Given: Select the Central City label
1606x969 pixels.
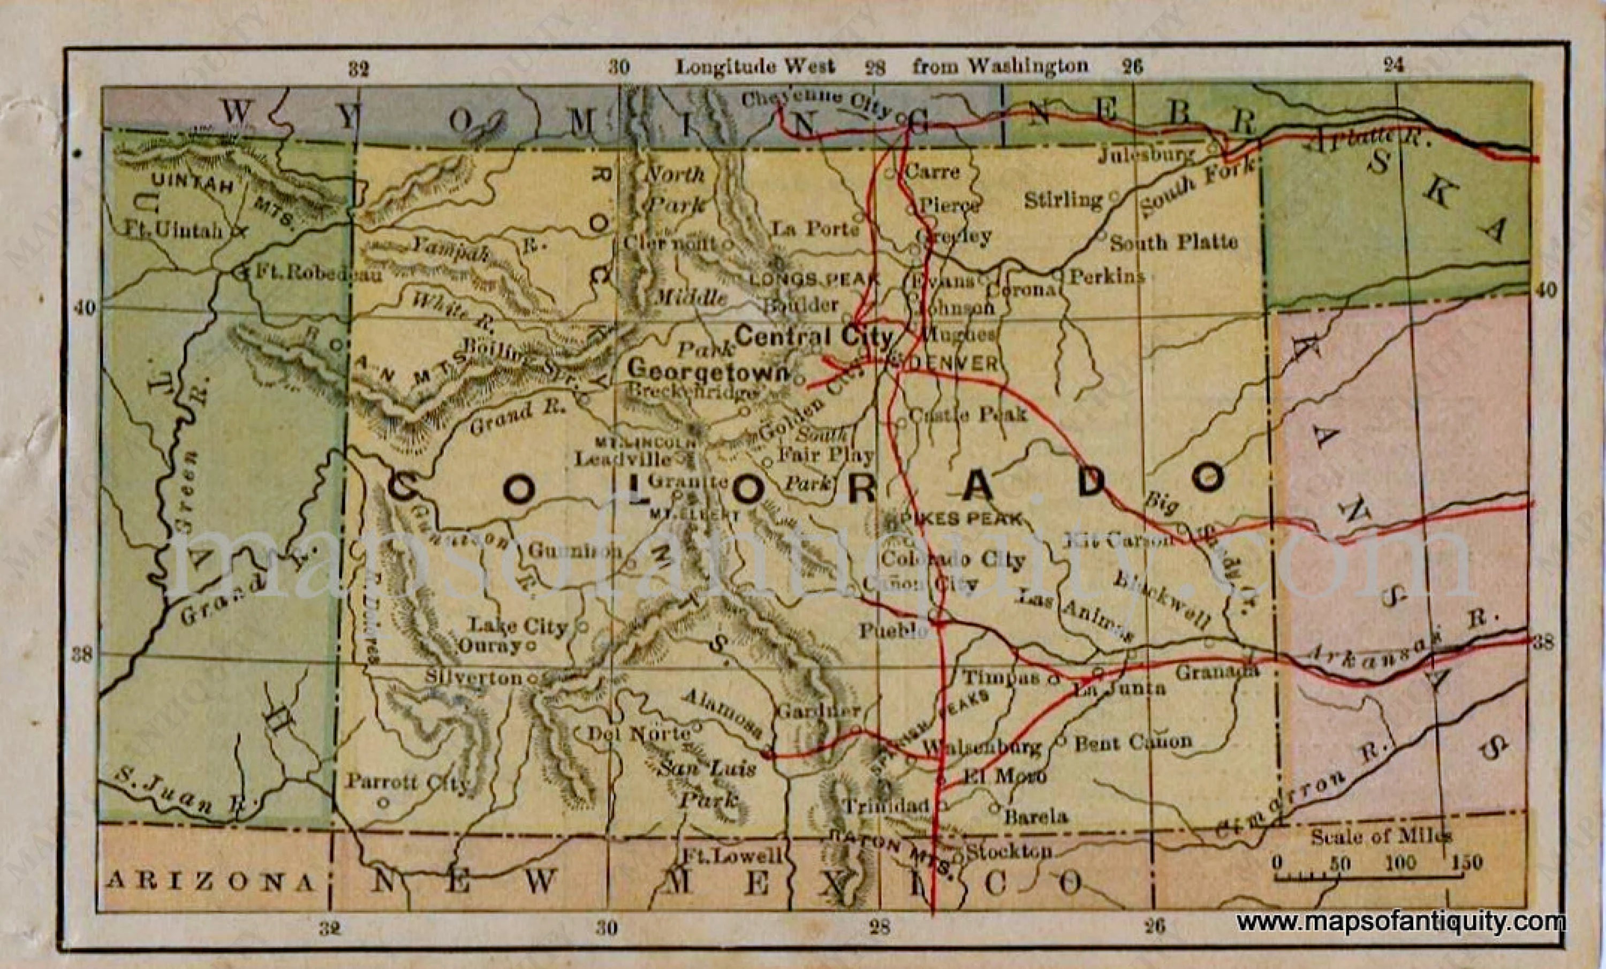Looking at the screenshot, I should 814,337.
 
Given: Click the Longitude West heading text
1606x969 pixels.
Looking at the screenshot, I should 755,66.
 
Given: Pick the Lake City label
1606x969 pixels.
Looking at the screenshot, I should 519,626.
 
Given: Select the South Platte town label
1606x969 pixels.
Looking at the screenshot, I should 1174,243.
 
